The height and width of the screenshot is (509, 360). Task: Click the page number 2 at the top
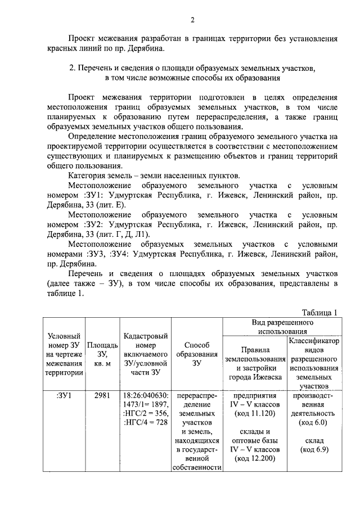[192, 21]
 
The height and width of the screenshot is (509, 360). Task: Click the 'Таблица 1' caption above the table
[319, 313]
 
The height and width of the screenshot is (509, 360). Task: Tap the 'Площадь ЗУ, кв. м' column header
[102, 354]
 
